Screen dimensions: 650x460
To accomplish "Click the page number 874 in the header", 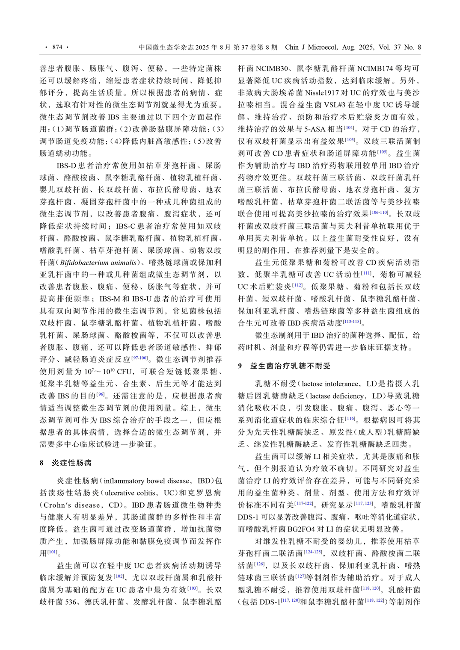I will click(57, 47).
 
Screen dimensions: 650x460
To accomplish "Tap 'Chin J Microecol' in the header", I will click(312, 47).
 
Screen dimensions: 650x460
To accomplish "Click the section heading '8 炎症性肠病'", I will click(66, 463).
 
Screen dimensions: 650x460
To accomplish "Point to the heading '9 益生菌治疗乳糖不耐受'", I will click(285, 366).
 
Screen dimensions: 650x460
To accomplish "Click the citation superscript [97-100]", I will click(140, 357).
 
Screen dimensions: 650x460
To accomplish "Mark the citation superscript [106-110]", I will click(380, 212).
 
